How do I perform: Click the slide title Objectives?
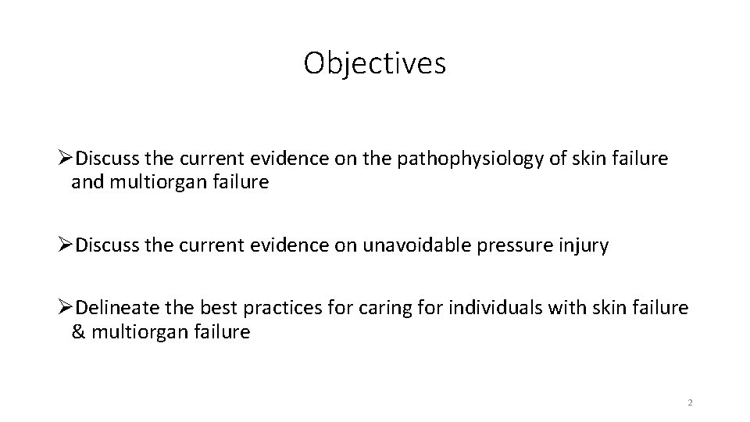tap(375, 63)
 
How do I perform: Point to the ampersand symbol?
tap(78, 332)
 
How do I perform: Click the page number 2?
tap(690, 402)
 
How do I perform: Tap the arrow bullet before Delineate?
tap(67, 308)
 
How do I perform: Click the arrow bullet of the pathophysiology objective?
tap(67, 159)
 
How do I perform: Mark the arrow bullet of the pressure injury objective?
tap(67, 245)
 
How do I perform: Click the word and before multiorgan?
tap(86, 183)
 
